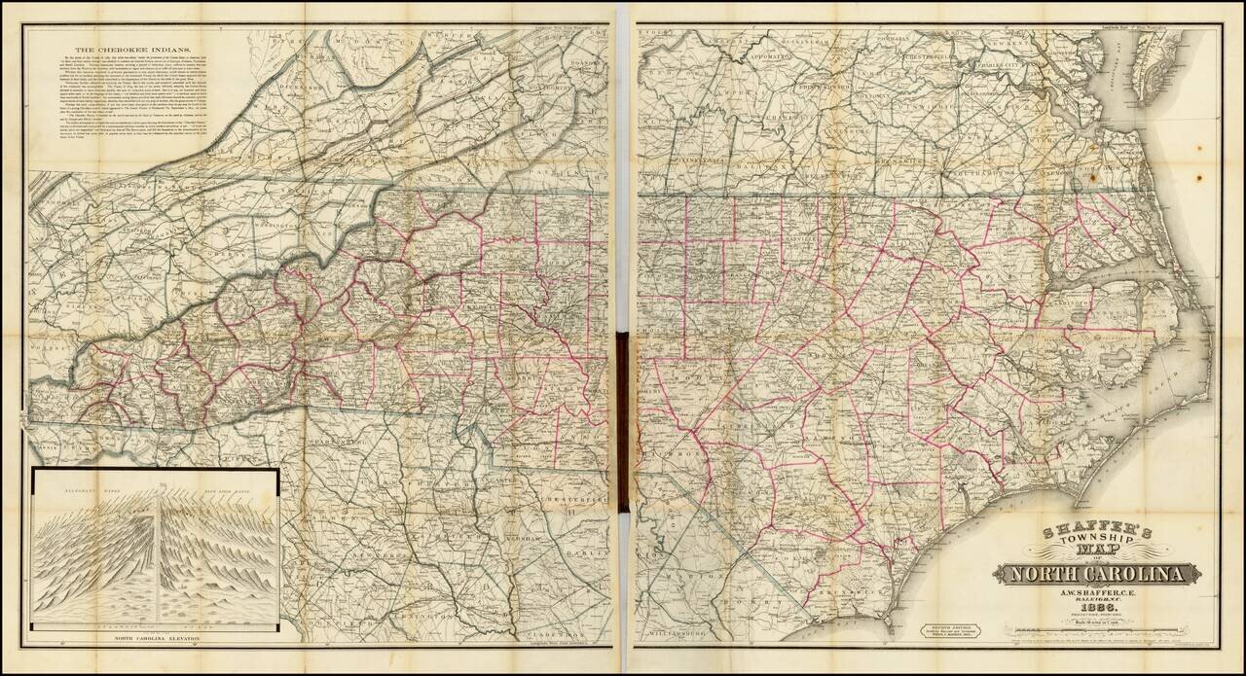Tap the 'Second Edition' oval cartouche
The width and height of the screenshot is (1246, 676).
[x=950, y=630]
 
